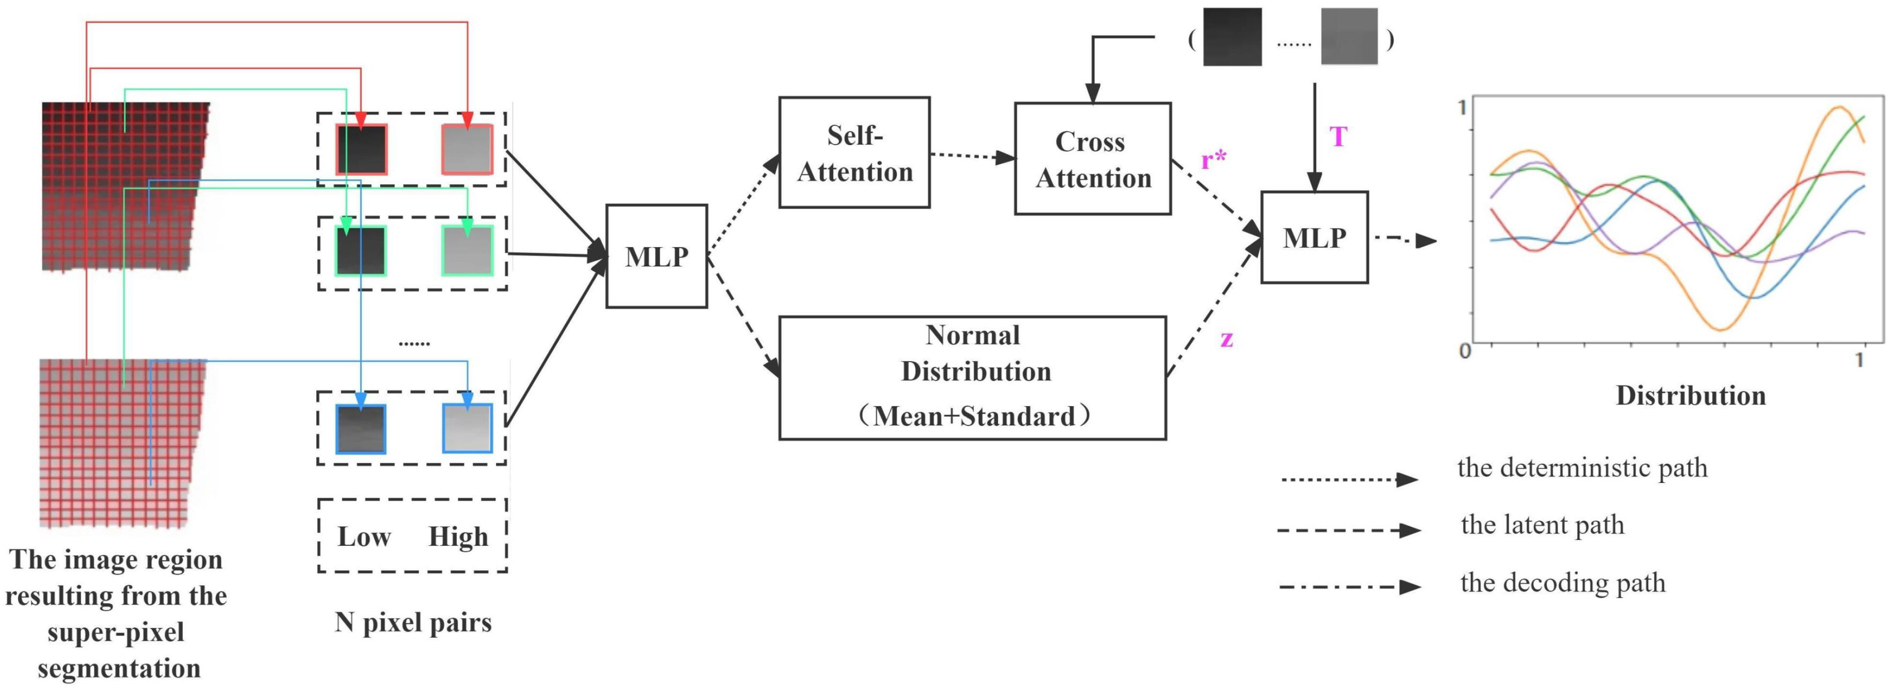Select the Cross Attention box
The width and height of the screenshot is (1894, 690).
click(x=1093, y=159)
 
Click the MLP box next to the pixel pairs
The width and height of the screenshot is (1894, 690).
click(x=656, y=256)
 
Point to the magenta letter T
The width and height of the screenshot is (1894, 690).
click(x=1338, y=137)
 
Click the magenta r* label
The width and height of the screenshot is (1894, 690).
click(x=1213, y=159)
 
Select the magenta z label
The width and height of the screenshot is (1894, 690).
click(x=1226, y=339)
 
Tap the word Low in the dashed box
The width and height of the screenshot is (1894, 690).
click(x=364, y=536)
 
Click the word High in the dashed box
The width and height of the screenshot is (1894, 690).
click(x=458, y=536)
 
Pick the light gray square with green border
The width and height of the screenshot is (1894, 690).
click(x=467, y=250)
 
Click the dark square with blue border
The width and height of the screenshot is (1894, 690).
click(x=361, y=428)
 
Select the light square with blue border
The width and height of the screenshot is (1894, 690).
click(x=467, y=428)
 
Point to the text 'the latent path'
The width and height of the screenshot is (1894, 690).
click(x=1543, y=525)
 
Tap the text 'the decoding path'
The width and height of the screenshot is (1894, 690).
click(x=1562, y=583)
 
